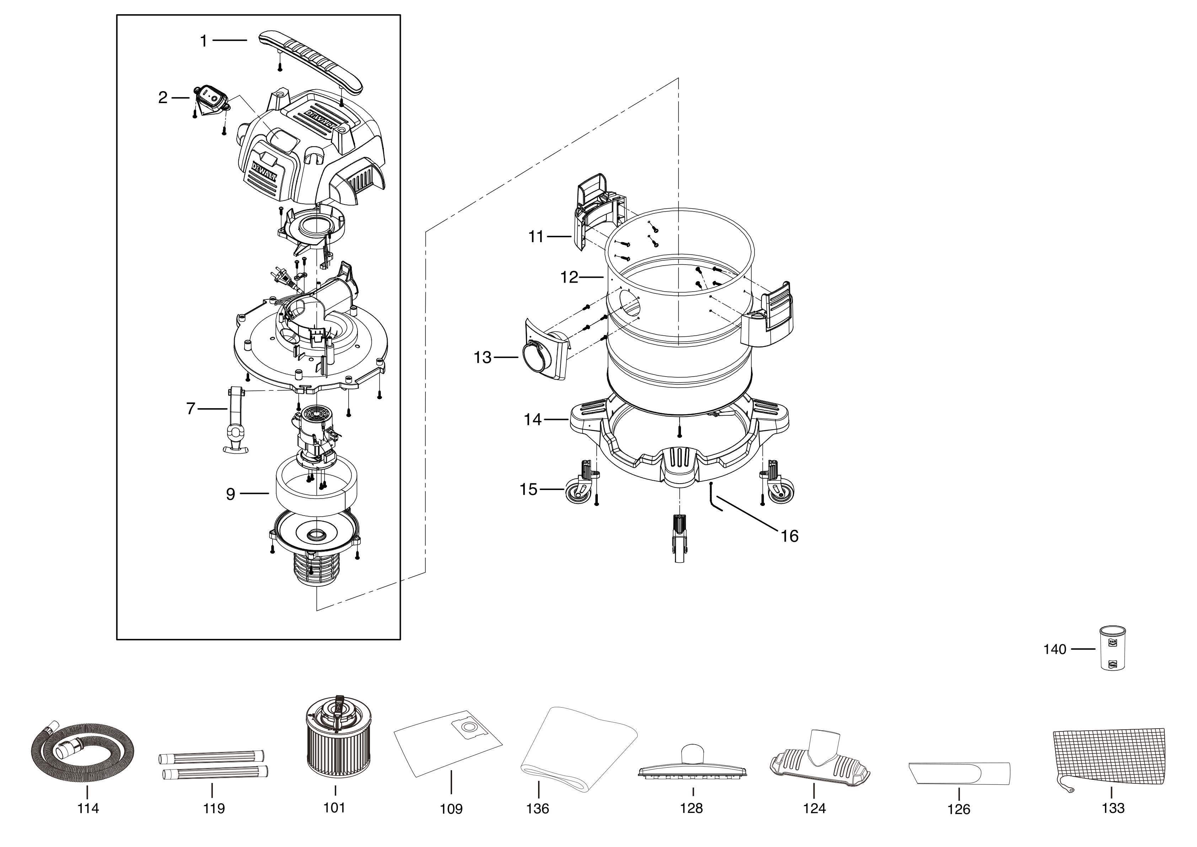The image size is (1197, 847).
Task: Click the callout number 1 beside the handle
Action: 204,41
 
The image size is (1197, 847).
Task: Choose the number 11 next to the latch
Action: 536,237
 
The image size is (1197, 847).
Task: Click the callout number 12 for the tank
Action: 569,277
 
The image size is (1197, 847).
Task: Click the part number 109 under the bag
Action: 451,809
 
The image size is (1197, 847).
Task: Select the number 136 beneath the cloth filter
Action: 538,808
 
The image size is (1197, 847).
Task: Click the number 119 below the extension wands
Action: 214,808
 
